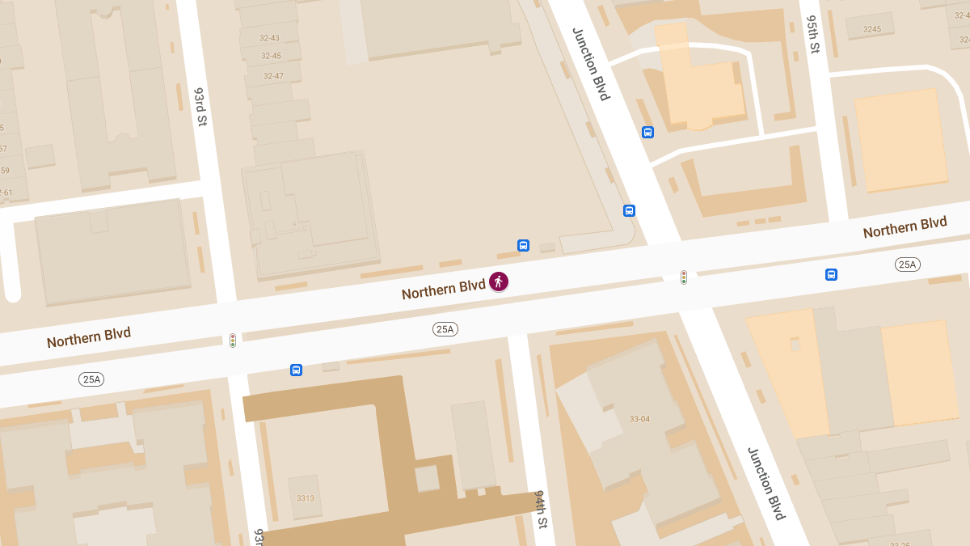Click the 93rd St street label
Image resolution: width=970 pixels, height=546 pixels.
(x=200, y=107)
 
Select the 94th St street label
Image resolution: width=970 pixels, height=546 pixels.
(x=541, y=509)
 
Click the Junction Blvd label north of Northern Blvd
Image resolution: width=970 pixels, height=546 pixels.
(x=590, y=64)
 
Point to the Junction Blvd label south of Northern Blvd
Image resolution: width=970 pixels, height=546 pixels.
(x=765, y=483)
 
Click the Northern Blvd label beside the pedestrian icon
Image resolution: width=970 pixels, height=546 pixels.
(x=443, y=288)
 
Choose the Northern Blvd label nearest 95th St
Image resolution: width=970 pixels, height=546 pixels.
(x=905, y=227)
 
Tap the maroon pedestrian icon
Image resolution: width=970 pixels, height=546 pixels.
(x=499, y=281)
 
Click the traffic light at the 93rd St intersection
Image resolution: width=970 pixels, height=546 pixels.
(x=233, y=341)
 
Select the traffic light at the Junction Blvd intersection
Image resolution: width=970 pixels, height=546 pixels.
(x=684, y=277)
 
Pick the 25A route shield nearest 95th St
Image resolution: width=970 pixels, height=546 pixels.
(x=908, y=265)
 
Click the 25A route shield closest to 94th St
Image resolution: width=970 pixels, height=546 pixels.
(x=445, y=328)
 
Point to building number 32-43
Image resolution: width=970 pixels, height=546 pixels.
(x=270, y=38)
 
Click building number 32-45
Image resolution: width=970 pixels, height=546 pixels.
(x=272, y=56)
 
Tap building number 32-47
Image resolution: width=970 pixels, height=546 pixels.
(x=273, y=76)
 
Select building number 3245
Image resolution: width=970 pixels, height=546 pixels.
(x=871, y=29)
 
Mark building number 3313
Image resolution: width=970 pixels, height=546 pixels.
(x=305, y=497)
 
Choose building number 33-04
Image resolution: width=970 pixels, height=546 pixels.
(x=639, y=419)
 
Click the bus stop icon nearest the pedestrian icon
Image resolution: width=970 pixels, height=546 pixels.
(x=523, y=245)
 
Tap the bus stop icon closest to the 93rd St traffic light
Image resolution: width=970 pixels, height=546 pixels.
(x=296, y=370)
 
